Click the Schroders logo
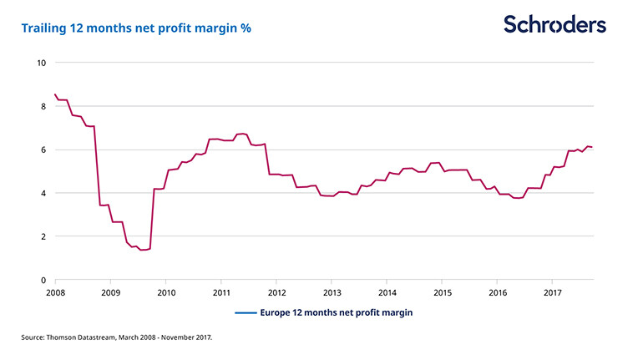pyautogui.click(x=554, y=25)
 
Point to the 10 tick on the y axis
pyautogui.click(x=41, y=63)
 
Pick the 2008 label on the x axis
pyautogui.click(x=56, y=292)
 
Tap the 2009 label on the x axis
pyautogui.click(x=111, y=292)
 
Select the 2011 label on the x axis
pyautogui.click(x=221, y=292)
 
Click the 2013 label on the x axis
pyautogui.click(x=332, y=292)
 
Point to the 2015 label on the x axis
pyautogui.click(x=442, y=292)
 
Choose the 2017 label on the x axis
pyautogui.click(x=552, y=292)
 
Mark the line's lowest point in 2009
pyautogui.click(x=143, y=250)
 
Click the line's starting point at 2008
pyautogui.click(x=55, y=94)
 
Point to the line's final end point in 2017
pyautogui.click(x=593, y=148)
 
